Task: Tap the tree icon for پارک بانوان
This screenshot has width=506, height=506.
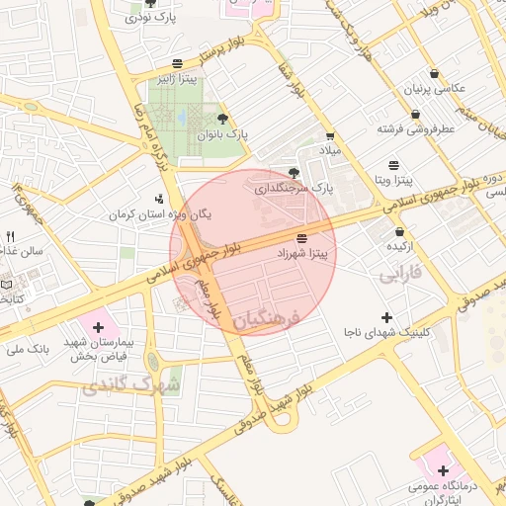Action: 234,119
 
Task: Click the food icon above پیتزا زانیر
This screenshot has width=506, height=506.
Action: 177,61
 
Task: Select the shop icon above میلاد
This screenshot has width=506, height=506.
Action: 329,135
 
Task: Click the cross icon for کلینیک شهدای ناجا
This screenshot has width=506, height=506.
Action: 386,317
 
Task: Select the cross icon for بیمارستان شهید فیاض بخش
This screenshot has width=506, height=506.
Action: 98,326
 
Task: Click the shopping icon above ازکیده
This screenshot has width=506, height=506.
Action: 398,230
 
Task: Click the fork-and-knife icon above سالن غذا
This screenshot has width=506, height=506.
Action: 11,236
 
